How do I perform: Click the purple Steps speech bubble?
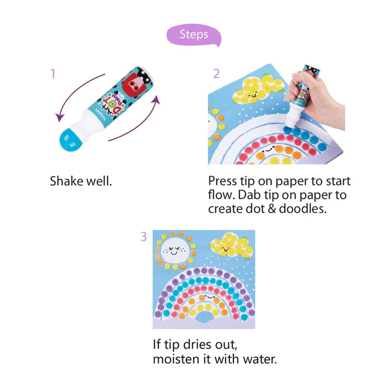tap(193, 35)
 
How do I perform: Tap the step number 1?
tap(53, 74)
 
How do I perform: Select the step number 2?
tap(216, 74)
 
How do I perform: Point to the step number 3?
tap(144, 237)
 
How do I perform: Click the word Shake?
tap(65, 181)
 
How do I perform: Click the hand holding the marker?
tap(318, 101)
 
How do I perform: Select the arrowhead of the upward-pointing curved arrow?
tap(156, 100)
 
